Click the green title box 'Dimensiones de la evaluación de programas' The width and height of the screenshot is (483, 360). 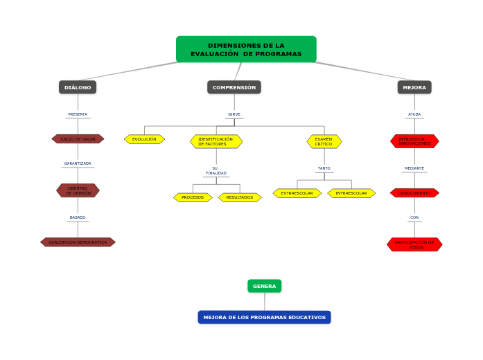pyautogui.click(x=246, y=49)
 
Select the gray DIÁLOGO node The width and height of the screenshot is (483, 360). pyautogui.click(x=78, y=87)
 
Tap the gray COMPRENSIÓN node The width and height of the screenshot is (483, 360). pyautogui.click(x=234, y=87)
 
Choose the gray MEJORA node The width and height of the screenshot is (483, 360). pyautogui.click(x=414, y=87)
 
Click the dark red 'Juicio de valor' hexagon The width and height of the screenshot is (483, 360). pyautogui.click(x=78, y=139)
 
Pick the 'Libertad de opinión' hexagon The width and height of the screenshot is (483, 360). pyautogui.click(x=78, y=190)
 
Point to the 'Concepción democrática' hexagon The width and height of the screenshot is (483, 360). pyautogui.click(x=78, y=242)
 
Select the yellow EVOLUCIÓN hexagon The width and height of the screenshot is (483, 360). pyautogui.click(x=144, y=139)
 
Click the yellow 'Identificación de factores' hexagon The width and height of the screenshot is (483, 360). pyautogui.click(x=216, y=141)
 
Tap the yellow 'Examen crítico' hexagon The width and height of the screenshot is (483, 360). pyautogui.click(x=324, y=141)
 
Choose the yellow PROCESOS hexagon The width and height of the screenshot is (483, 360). pyautogui.click(x=193, y=197)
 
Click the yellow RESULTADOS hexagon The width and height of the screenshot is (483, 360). pyautogui.click(x=240, y=197)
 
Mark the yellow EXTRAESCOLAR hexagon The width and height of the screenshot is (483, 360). pyautogui.click(x=297, y=193)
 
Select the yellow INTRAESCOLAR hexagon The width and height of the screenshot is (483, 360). pyautogui.click(x=351, y=193)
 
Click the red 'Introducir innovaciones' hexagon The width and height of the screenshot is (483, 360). pyautogui.click(x=414, y=141)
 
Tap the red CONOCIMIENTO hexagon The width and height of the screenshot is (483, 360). pyautogui.click(x=414, y=193)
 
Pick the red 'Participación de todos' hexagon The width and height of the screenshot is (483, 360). pyautogui.click(x=414, y=244)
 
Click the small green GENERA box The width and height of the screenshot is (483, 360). pyautogui.click(x=264, y=286)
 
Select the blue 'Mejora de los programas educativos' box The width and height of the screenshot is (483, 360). pyautogui.click(x=264, y=317)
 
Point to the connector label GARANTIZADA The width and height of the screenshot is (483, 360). pyautogui.click(x=78, y=163)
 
